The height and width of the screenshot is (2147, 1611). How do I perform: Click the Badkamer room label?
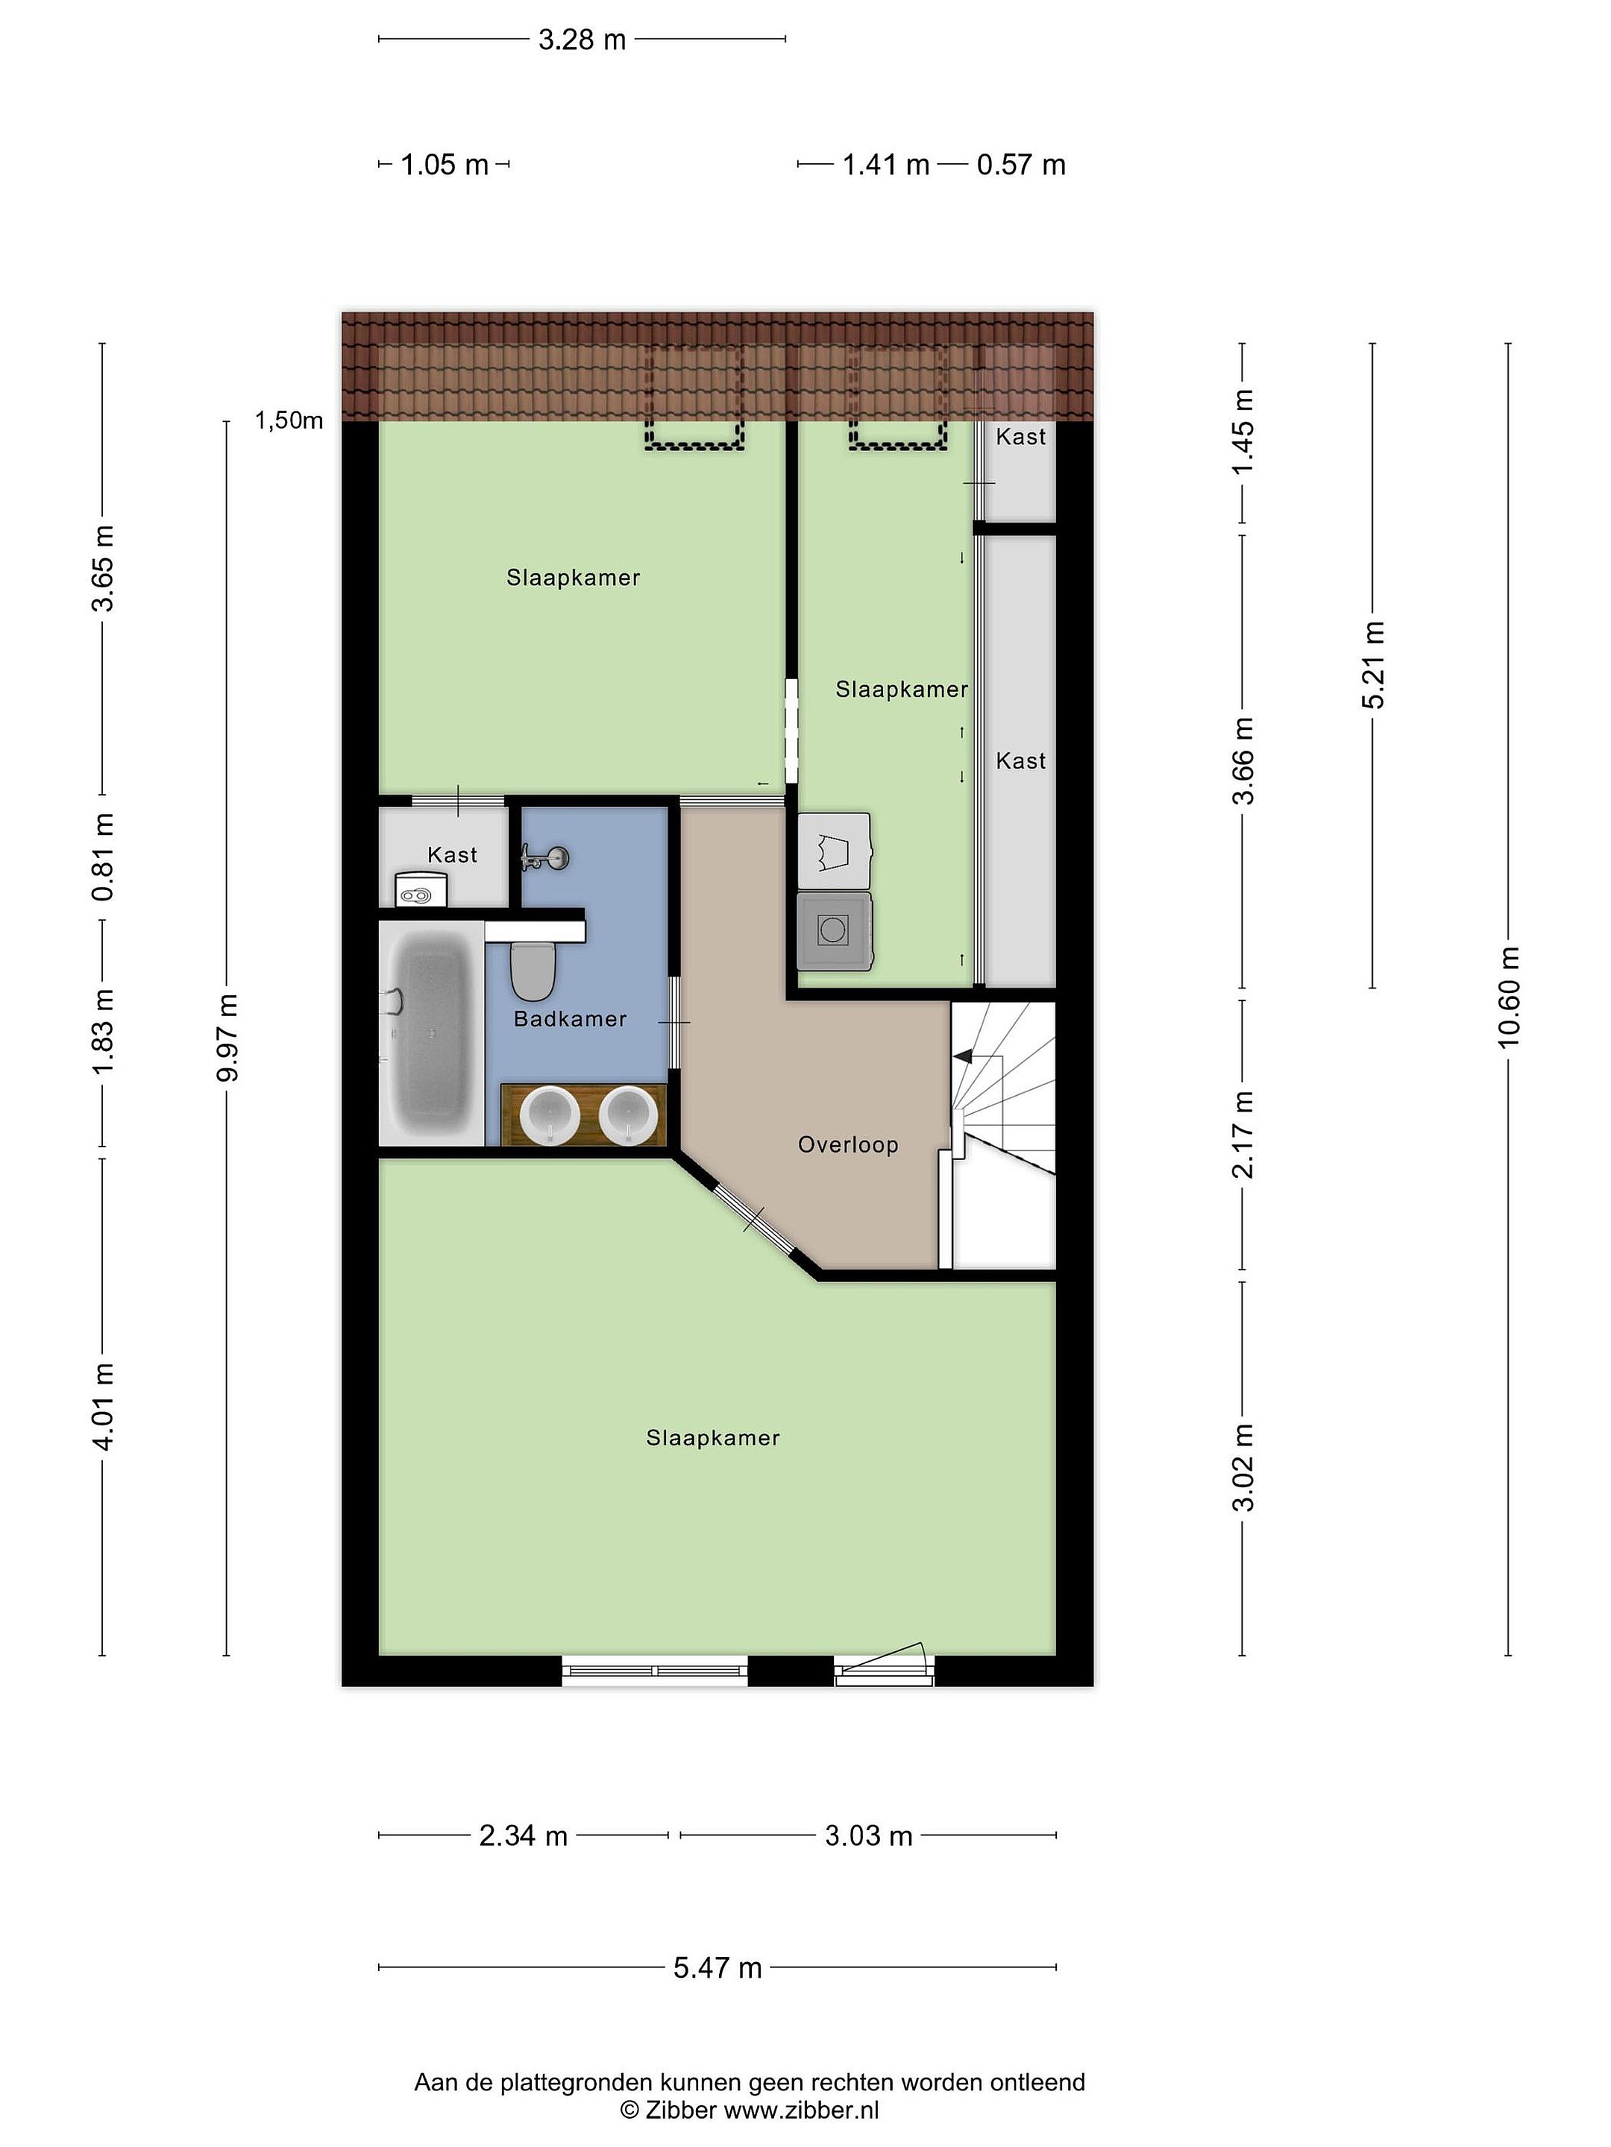[x=570, y=1018]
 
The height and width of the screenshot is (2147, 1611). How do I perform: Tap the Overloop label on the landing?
[x=848, y=1144]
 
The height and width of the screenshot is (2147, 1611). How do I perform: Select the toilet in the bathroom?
[x=532, y=971]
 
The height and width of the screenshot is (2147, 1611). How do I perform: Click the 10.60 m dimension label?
[x=1508, y=997]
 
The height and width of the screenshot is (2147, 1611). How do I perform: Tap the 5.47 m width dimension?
[x=717, y=1967]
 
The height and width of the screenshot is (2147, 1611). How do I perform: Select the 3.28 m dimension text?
[x=582, y=40]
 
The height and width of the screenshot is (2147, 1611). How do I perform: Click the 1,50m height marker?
[x=289, y=420]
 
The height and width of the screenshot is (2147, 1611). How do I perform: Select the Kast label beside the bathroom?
[x=453, y=855]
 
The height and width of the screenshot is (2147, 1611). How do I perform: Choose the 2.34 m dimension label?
[x=524, y=1835]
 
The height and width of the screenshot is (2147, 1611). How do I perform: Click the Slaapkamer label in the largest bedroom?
[x=713, y=1437]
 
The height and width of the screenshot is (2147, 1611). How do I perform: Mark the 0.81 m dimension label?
[x=103, y=857]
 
